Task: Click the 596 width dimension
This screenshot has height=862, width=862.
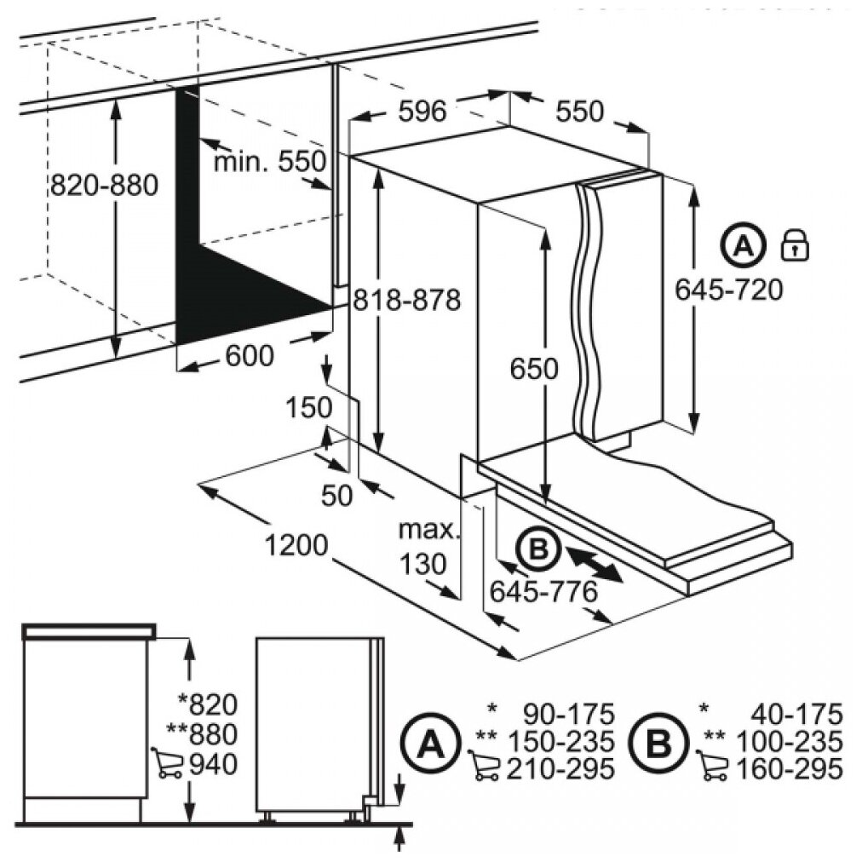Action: [x=422, y=110]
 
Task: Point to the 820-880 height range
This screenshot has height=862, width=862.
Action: [x=104, y=185]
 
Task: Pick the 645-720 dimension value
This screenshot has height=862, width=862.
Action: [x=728, y=290]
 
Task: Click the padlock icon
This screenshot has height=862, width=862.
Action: [x=794, y=245]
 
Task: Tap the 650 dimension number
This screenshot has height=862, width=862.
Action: [x=534, y=369]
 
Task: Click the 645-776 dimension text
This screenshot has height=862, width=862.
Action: [x=542, y=589]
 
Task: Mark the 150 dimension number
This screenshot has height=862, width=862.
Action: [x=307, y=408]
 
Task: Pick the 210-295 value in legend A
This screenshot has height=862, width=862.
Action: [x=560, y=769]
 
